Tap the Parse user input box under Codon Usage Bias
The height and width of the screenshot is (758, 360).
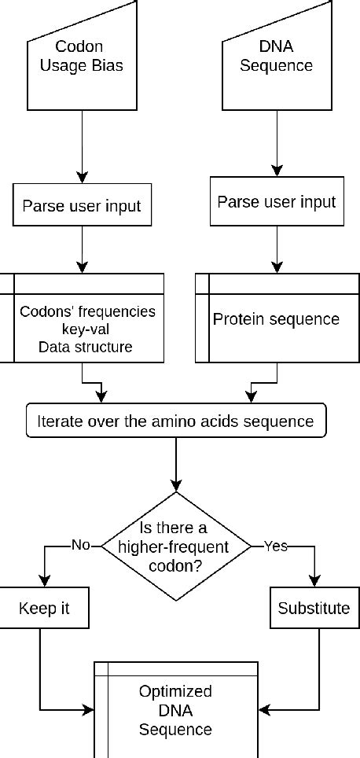[82, 207]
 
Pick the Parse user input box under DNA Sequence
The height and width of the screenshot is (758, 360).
[276, 201]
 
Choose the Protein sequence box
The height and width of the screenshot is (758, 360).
[276, 320]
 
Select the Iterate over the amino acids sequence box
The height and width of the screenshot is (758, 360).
[175, 421]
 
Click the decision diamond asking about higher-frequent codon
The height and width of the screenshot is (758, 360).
[175, 544]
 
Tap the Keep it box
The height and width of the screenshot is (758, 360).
[39, 609]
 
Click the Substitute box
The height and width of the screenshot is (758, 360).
[314, 609]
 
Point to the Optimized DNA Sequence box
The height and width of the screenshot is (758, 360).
[175, 710]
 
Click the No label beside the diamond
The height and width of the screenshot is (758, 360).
[80, 544]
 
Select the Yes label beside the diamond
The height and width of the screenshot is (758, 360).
[275, 544]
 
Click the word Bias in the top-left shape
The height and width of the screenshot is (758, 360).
[108, 65]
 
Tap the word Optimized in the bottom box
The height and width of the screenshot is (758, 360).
[175, 692]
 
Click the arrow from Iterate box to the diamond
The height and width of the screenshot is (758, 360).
[175, 464]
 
